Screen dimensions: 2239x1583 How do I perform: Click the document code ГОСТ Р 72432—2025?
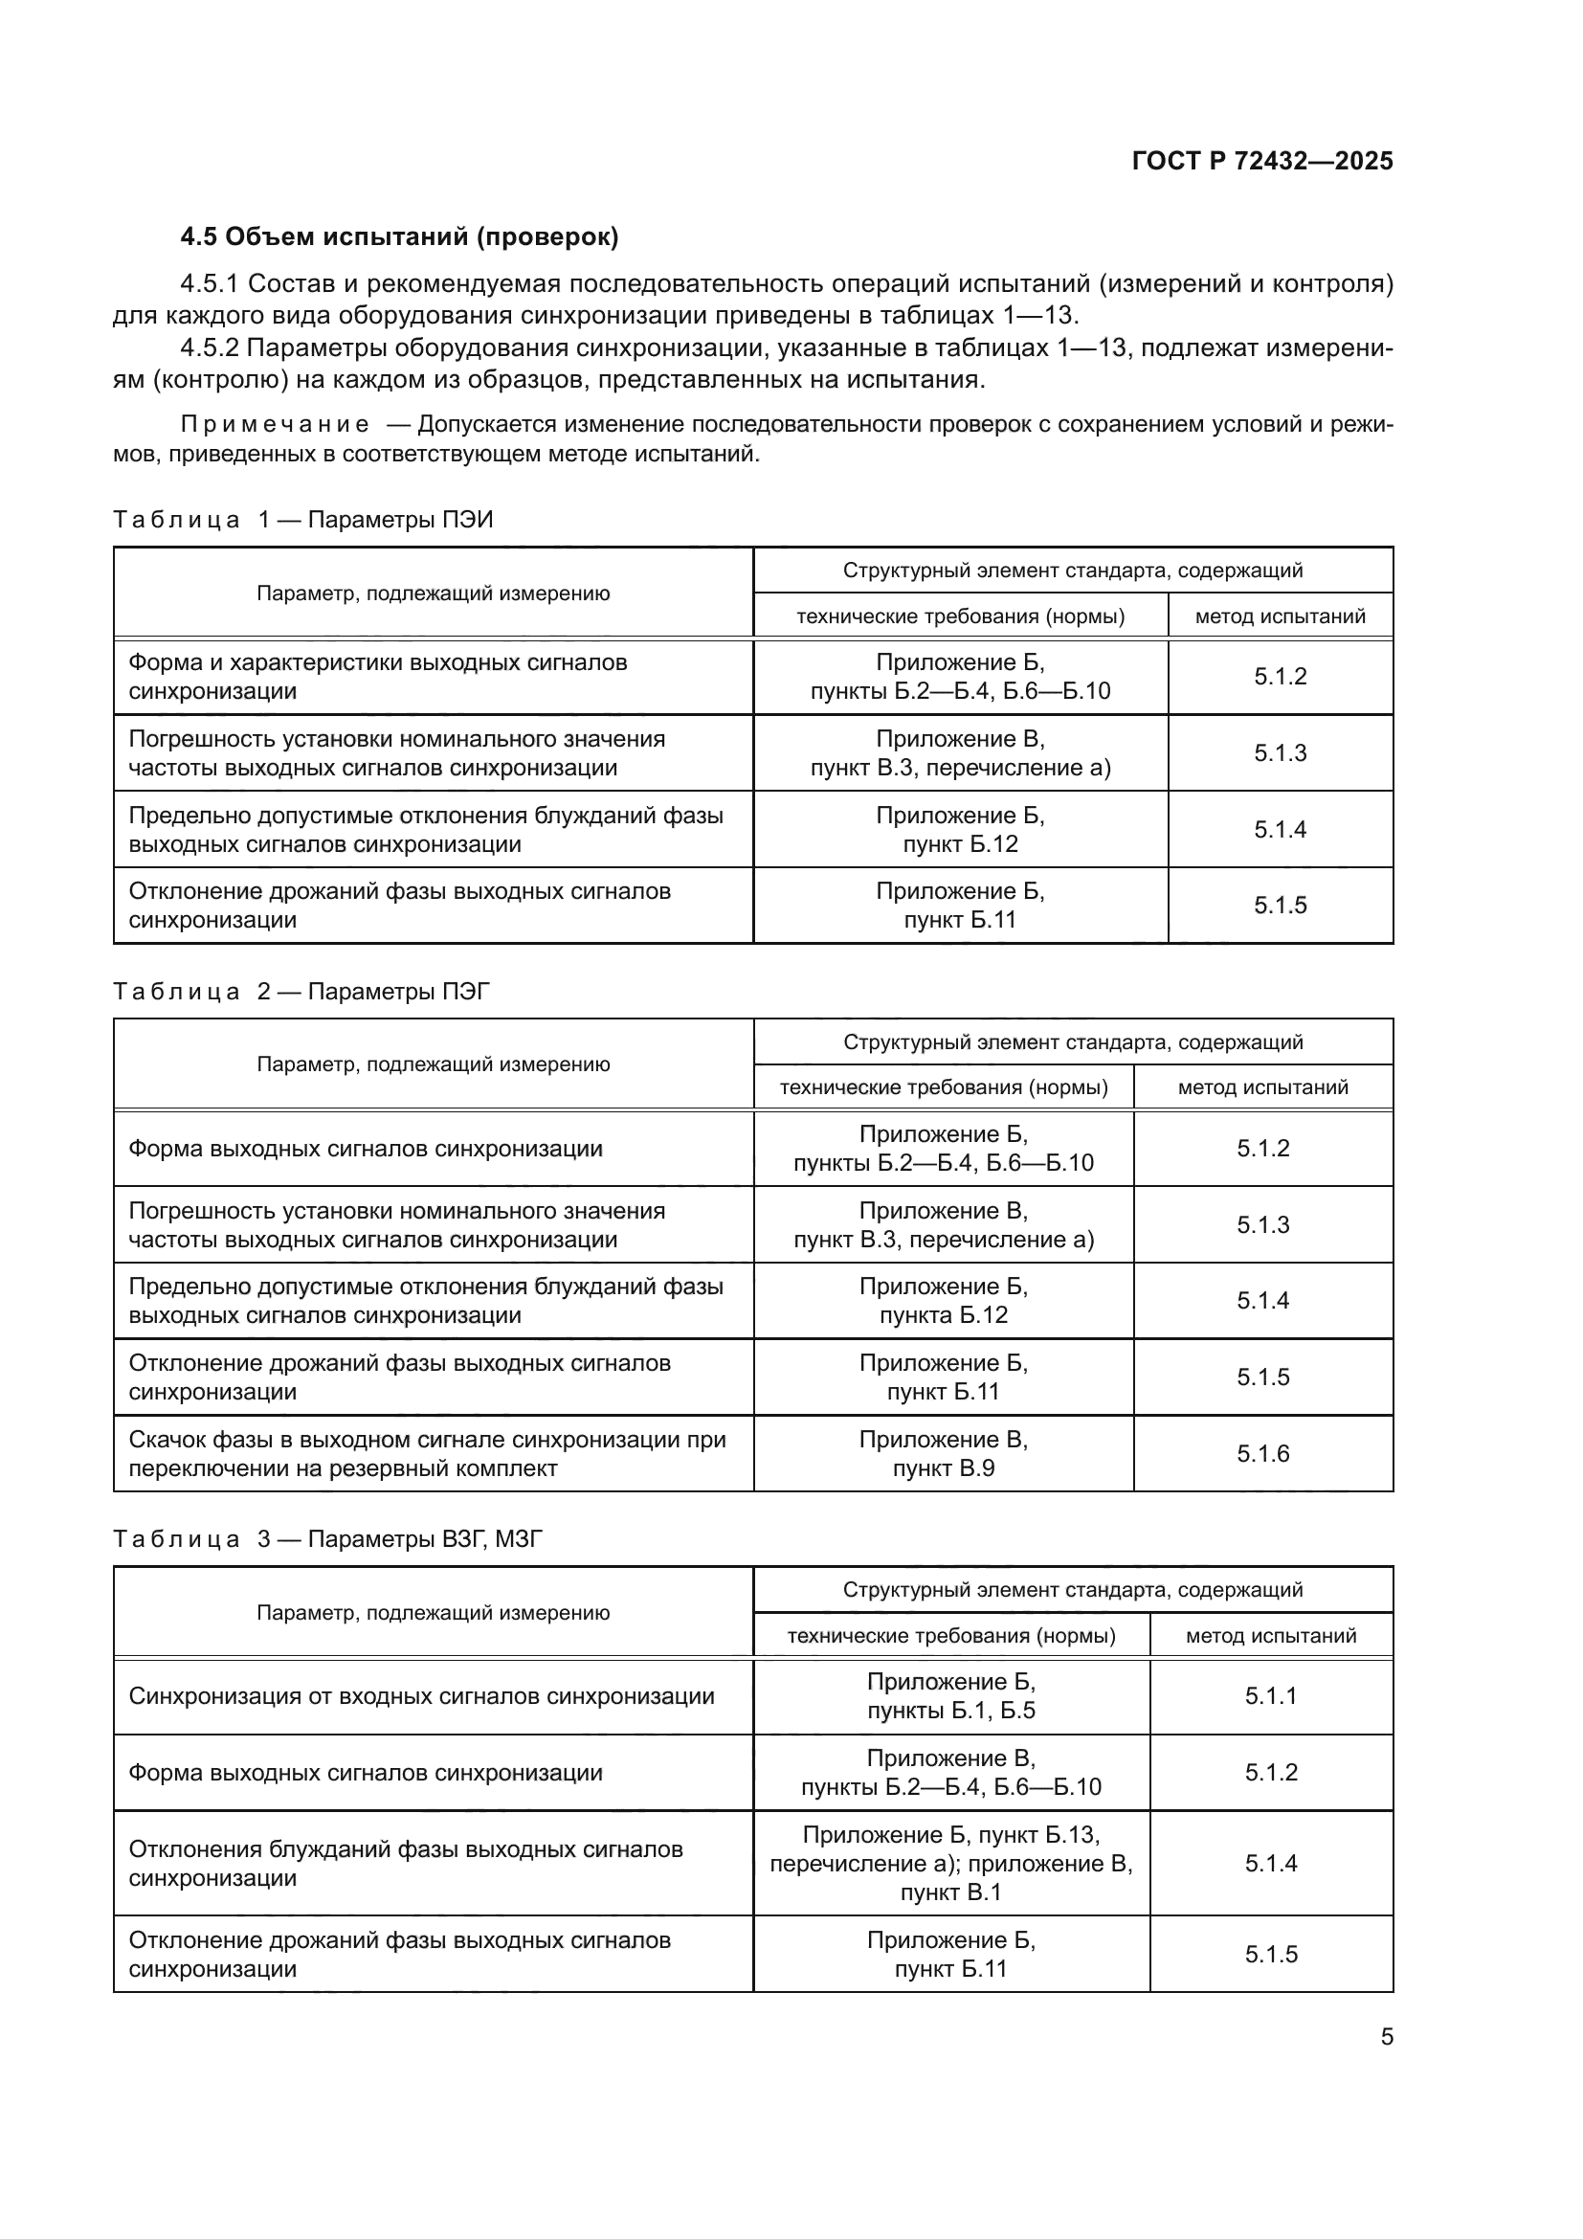pos(1261,161)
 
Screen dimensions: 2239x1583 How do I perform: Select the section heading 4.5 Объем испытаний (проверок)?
pos(400,237)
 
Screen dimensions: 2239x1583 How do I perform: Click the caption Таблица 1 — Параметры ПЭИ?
pos(303,520)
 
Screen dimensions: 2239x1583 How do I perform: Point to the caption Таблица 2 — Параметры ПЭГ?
pos(301,992)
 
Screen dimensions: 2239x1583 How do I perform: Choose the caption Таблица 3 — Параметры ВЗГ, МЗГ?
pos(327,1540)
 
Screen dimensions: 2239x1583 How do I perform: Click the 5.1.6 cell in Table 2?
pos(1262,1454)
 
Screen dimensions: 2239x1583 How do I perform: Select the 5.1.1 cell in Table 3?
pos(1270,1696)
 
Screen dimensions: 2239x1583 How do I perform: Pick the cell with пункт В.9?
pos(943,1454)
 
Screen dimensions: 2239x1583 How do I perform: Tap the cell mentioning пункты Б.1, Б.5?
pos(950,1696)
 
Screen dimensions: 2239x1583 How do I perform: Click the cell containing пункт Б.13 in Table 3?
pos(950,1864)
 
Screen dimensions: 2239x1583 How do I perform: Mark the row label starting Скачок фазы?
pos(427,1454)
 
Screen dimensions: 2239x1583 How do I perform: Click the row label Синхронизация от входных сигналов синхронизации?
pos(421,1696)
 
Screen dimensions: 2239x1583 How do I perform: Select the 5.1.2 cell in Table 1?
pos(1280,677)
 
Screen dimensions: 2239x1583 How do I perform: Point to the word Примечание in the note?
pos(275,424)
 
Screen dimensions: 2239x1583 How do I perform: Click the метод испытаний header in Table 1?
pos(1280,616)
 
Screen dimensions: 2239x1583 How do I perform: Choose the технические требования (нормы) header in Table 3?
pos(950,1635)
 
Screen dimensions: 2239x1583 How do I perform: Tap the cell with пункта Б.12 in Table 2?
pos(943,1301)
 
